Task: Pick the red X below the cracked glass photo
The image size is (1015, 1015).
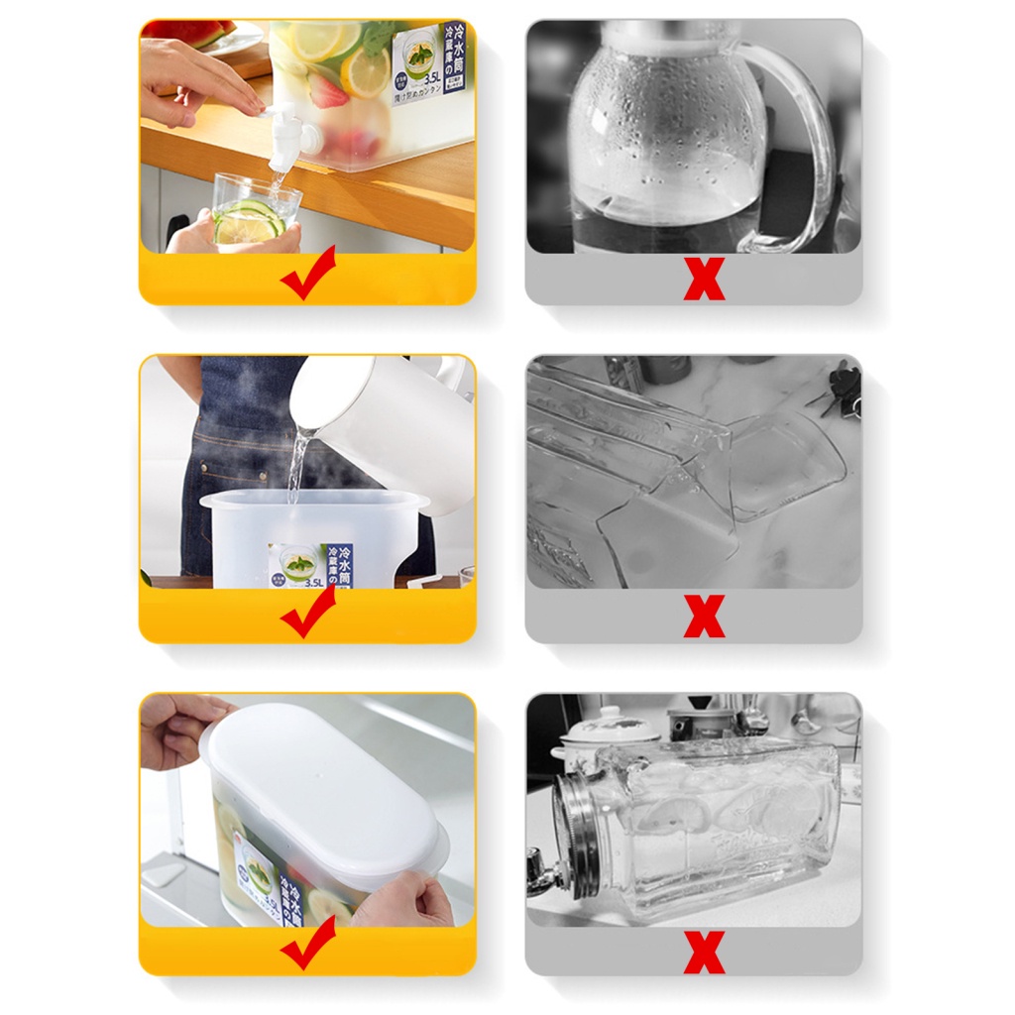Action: click(704, 618)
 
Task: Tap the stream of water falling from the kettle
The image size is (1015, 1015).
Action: click(295, 466)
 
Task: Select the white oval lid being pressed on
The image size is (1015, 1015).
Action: click(317, 783)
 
